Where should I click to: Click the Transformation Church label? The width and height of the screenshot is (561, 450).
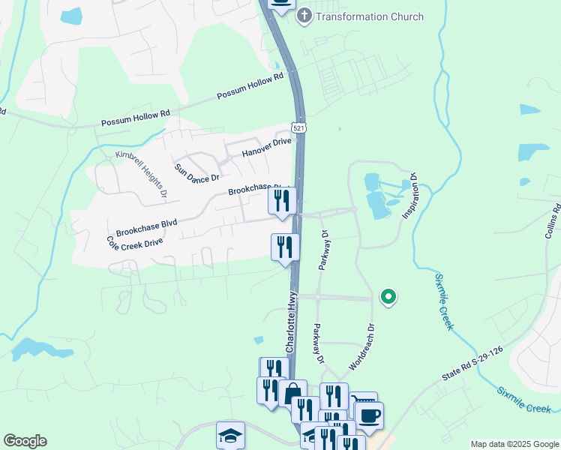[x=370, y=16]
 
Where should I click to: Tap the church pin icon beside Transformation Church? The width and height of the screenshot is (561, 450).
[x=304, y=16]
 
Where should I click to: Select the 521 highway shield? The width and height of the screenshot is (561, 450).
[x=299, y=128]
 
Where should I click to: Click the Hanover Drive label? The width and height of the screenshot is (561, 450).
[x=266, y=147]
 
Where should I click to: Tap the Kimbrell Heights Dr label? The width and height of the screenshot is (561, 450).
[x=141, y=174]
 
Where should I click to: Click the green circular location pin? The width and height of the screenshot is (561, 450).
[x=388, y=298]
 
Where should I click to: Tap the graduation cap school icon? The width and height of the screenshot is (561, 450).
[x=230, y=435]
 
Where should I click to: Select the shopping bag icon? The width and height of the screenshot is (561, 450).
[x=292, y=393]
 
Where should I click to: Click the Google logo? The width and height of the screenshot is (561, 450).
[x=25, y=442]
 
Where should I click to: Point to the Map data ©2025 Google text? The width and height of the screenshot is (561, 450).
[x=514, y=444]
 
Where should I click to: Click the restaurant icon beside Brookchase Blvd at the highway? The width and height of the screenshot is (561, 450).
[x=282, y=201]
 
